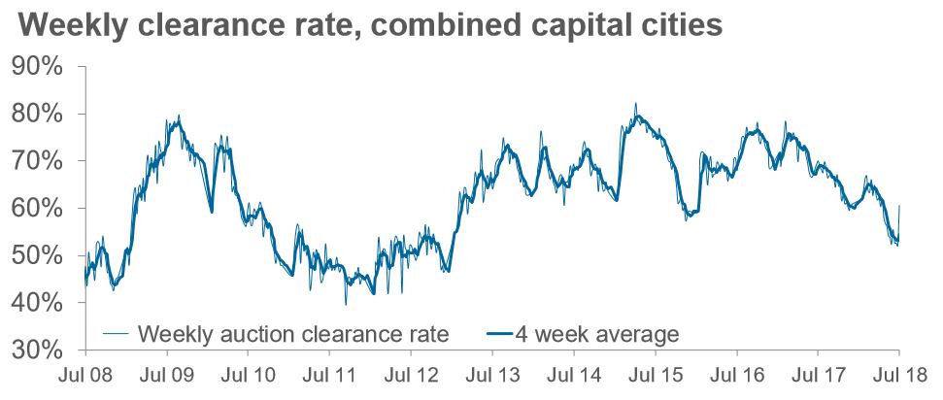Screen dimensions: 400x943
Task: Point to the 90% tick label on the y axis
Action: [39, 67]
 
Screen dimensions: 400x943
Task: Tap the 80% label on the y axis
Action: [39, 115]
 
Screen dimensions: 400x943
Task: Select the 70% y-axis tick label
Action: [39, 161]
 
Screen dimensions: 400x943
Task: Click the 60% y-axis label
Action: [39, 209]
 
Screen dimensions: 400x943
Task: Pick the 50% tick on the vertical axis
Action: [39, 255]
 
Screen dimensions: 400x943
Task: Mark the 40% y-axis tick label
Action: [39, 303]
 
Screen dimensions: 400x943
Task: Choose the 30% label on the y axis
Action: [39, 350]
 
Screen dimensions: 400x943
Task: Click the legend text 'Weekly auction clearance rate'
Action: [293, 335]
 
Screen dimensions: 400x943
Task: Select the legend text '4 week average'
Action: [609, 335]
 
